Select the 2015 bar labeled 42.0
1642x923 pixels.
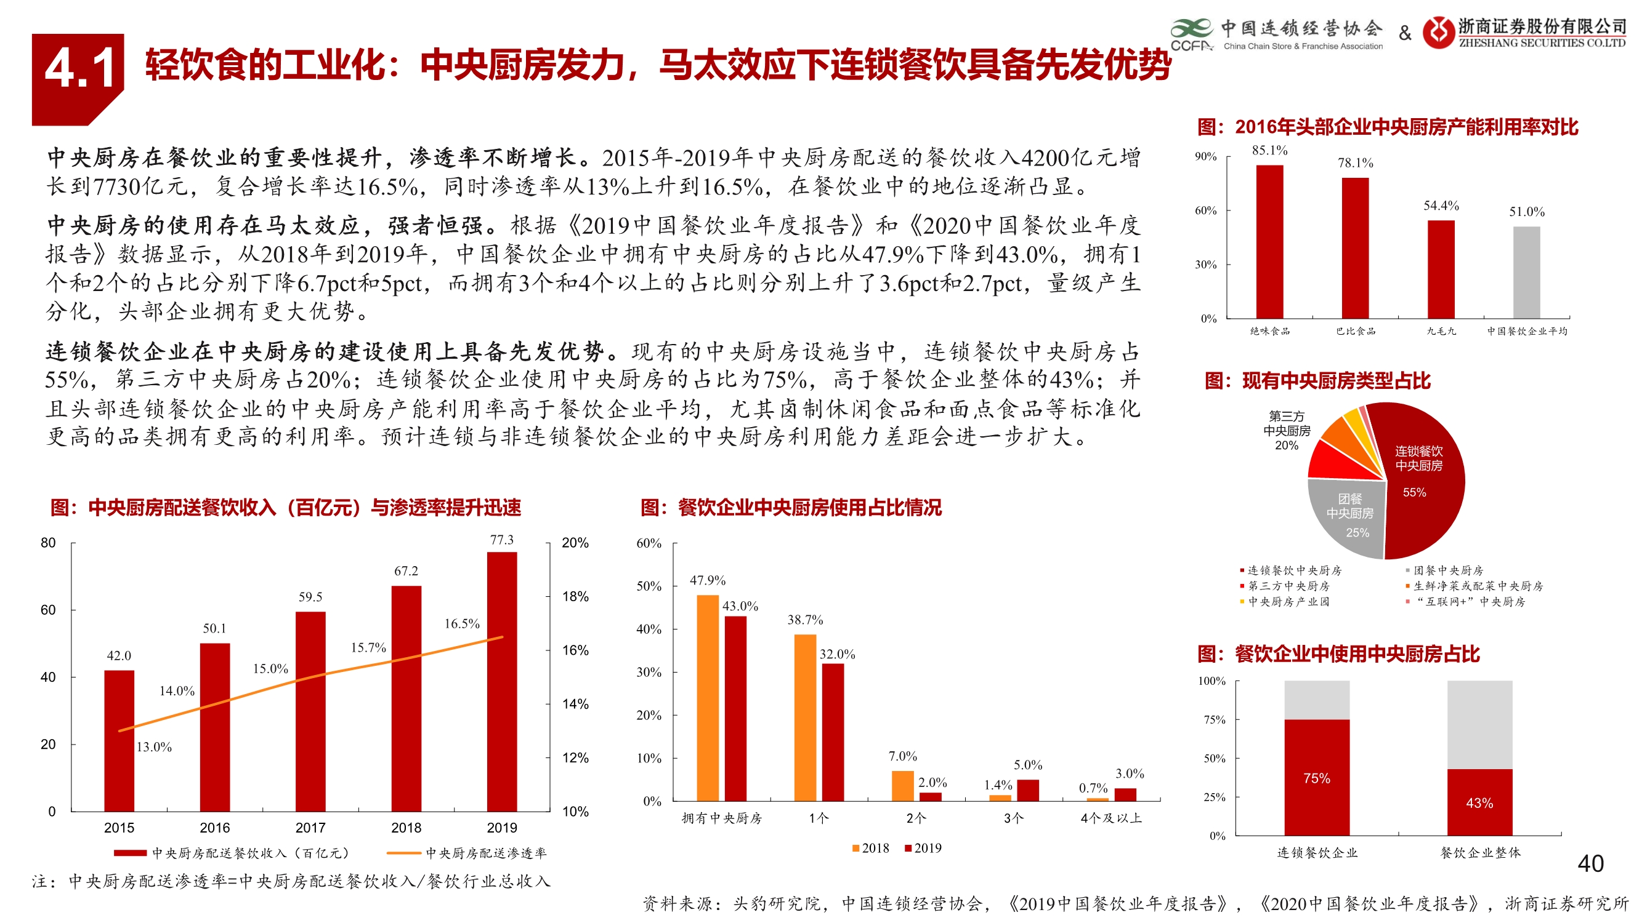tap(119, 740)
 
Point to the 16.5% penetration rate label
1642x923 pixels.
tap(461, 623)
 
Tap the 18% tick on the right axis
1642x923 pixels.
tap(575, 597)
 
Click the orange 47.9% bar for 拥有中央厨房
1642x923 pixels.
tap(708, 698)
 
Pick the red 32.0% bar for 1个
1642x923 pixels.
tap(833, 732)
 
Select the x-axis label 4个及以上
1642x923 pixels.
tap(1110, 818)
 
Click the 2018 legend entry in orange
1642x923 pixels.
tap(871, 849)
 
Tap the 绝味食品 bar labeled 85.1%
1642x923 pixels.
tap(1269, 241)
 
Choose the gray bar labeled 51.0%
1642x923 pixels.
tap(1526, 272)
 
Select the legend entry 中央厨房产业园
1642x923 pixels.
tap(1288, 602)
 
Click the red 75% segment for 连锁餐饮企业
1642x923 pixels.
tap(1316, 777)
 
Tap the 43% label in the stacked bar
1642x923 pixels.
tap(1479, 803)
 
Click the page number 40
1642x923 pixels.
tap(1590, 864)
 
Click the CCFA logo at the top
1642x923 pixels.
tap(1191, 35)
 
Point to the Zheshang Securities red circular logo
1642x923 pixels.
tap(1438, 32)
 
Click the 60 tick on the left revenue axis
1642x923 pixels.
tap(48, 610)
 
